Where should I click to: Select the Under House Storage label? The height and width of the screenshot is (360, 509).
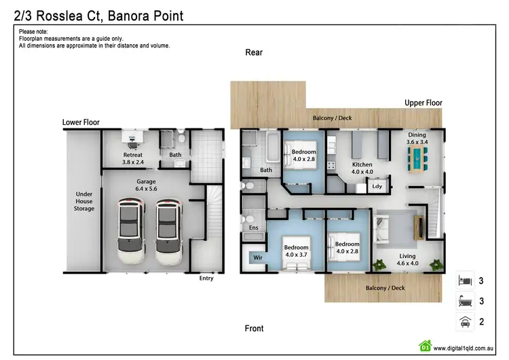[84, 201]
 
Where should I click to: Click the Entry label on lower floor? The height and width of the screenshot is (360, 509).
[206, 278]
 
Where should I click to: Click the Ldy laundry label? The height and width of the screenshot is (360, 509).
[377, 186]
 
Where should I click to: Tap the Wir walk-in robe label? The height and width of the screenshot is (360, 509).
[258, 258]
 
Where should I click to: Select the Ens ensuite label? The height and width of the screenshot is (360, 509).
[254, 228]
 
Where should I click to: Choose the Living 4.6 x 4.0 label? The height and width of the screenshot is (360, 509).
[407, 259]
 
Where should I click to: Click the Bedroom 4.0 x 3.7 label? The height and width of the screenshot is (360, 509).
[297, 251]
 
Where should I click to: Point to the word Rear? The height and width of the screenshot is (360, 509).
[254, 52]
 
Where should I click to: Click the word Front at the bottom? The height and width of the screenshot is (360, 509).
[254, 329]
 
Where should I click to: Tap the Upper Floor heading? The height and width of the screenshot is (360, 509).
[423, 103]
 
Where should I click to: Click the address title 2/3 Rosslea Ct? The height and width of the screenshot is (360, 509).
[98, 14]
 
